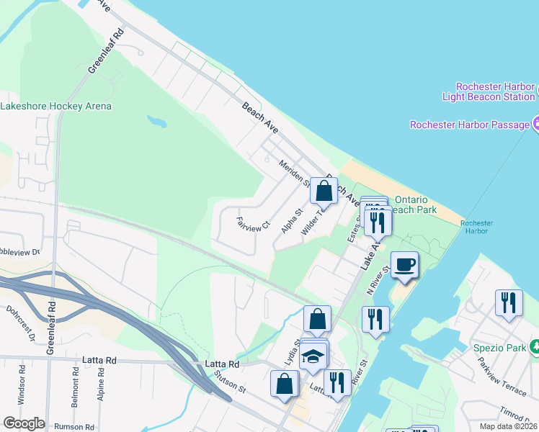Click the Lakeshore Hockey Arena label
click(56, 106)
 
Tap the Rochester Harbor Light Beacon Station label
click(487, 91)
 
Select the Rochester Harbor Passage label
click(470, 125)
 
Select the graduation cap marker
click(313, 356)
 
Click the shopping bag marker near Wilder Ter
click(324, 192)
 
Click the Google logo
click(24, 423)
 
